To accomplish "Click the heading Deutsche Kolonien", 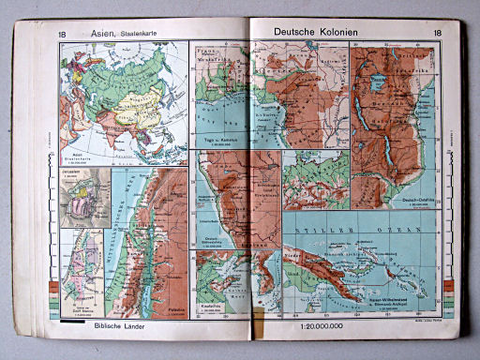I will (x=317, y=32).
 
